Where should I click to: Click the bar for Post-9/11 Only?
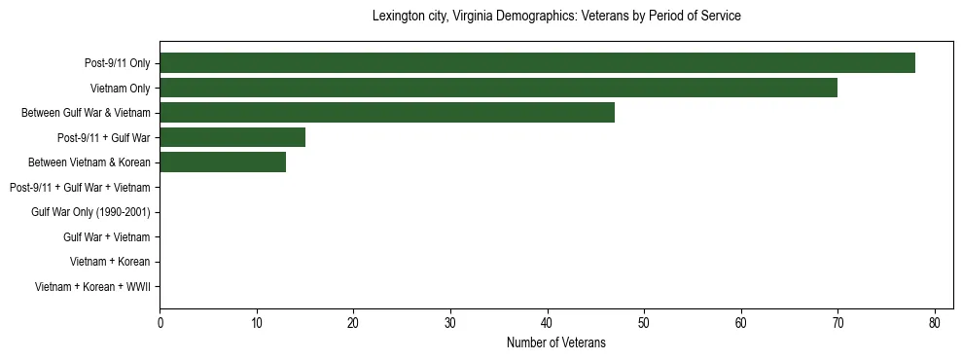537,63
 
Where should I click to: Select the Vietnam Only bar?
498,89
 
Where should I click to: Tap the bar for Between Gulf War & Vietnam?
387,113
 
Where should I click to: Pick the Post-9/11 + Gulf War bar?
232,137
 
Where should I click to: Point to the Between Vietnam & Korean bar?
223,162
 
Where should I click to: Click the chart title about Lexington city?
556,17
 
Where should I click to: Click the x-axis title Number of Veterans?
556,342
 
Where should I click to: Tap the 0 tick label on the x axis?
160,323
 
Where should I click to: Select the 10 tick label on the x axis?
257,323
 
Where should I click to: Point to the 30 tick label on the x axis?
450,323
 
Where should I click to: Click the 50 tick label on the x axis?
644,323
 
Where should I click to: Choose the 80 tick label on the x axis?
935,323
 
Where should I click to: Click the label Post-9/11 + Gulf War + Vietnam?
80,187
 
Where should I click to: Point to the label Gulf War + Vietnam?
107,236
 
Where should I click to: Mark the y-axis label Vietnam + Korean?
110,262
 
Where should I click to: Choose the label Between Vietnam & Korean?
89,162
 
